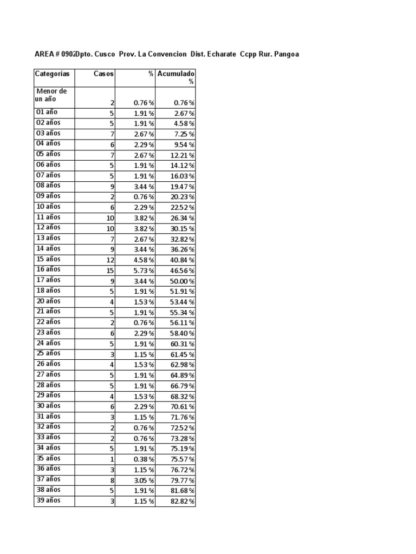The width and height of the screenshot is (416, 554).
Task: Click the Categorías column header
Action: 52,74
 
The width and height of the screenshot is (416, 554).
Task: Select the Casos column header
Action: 103,74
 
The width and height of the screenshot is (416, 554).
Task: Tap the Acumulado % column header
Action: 176,77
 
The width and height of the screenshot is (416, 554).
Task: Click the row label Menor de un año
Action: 51,96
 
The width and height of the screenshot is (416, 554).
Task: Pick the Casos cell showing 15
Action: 110,271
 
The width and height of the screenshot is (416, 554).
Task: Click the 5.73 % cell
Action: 144,271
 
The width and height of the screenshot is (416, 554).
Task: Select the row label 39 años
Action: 48,500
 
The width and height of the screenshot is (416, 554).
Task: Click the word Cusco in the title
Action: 105,54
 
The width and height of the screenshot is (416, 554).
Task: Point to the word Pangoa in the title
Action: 287,54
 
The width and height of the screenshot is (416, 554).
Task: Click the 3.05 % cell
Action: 144,480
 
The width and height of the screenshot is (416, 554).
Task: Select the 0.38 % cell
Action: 144,459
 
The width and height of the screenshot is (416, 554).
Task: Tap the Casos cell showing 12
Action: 110,260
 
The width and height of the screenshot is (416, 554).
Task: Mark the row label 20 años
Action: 48,301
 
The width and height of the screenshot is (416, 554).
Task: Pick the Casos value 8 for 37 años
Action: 112,480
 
